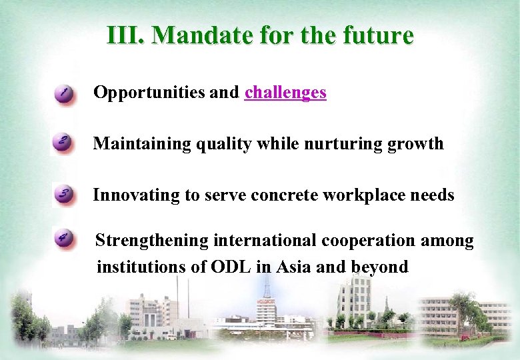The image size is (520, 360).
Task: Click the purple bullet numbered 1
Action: coord(64,93)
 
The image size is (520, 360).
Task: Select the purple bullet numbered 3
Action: coord(63,195)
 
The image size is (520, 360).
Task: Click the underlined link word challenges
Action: coord(285,93)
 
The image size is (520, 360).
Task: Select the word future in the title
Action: coord(380,35)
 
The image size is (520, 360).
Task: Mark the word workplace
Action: coord(369,195)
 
